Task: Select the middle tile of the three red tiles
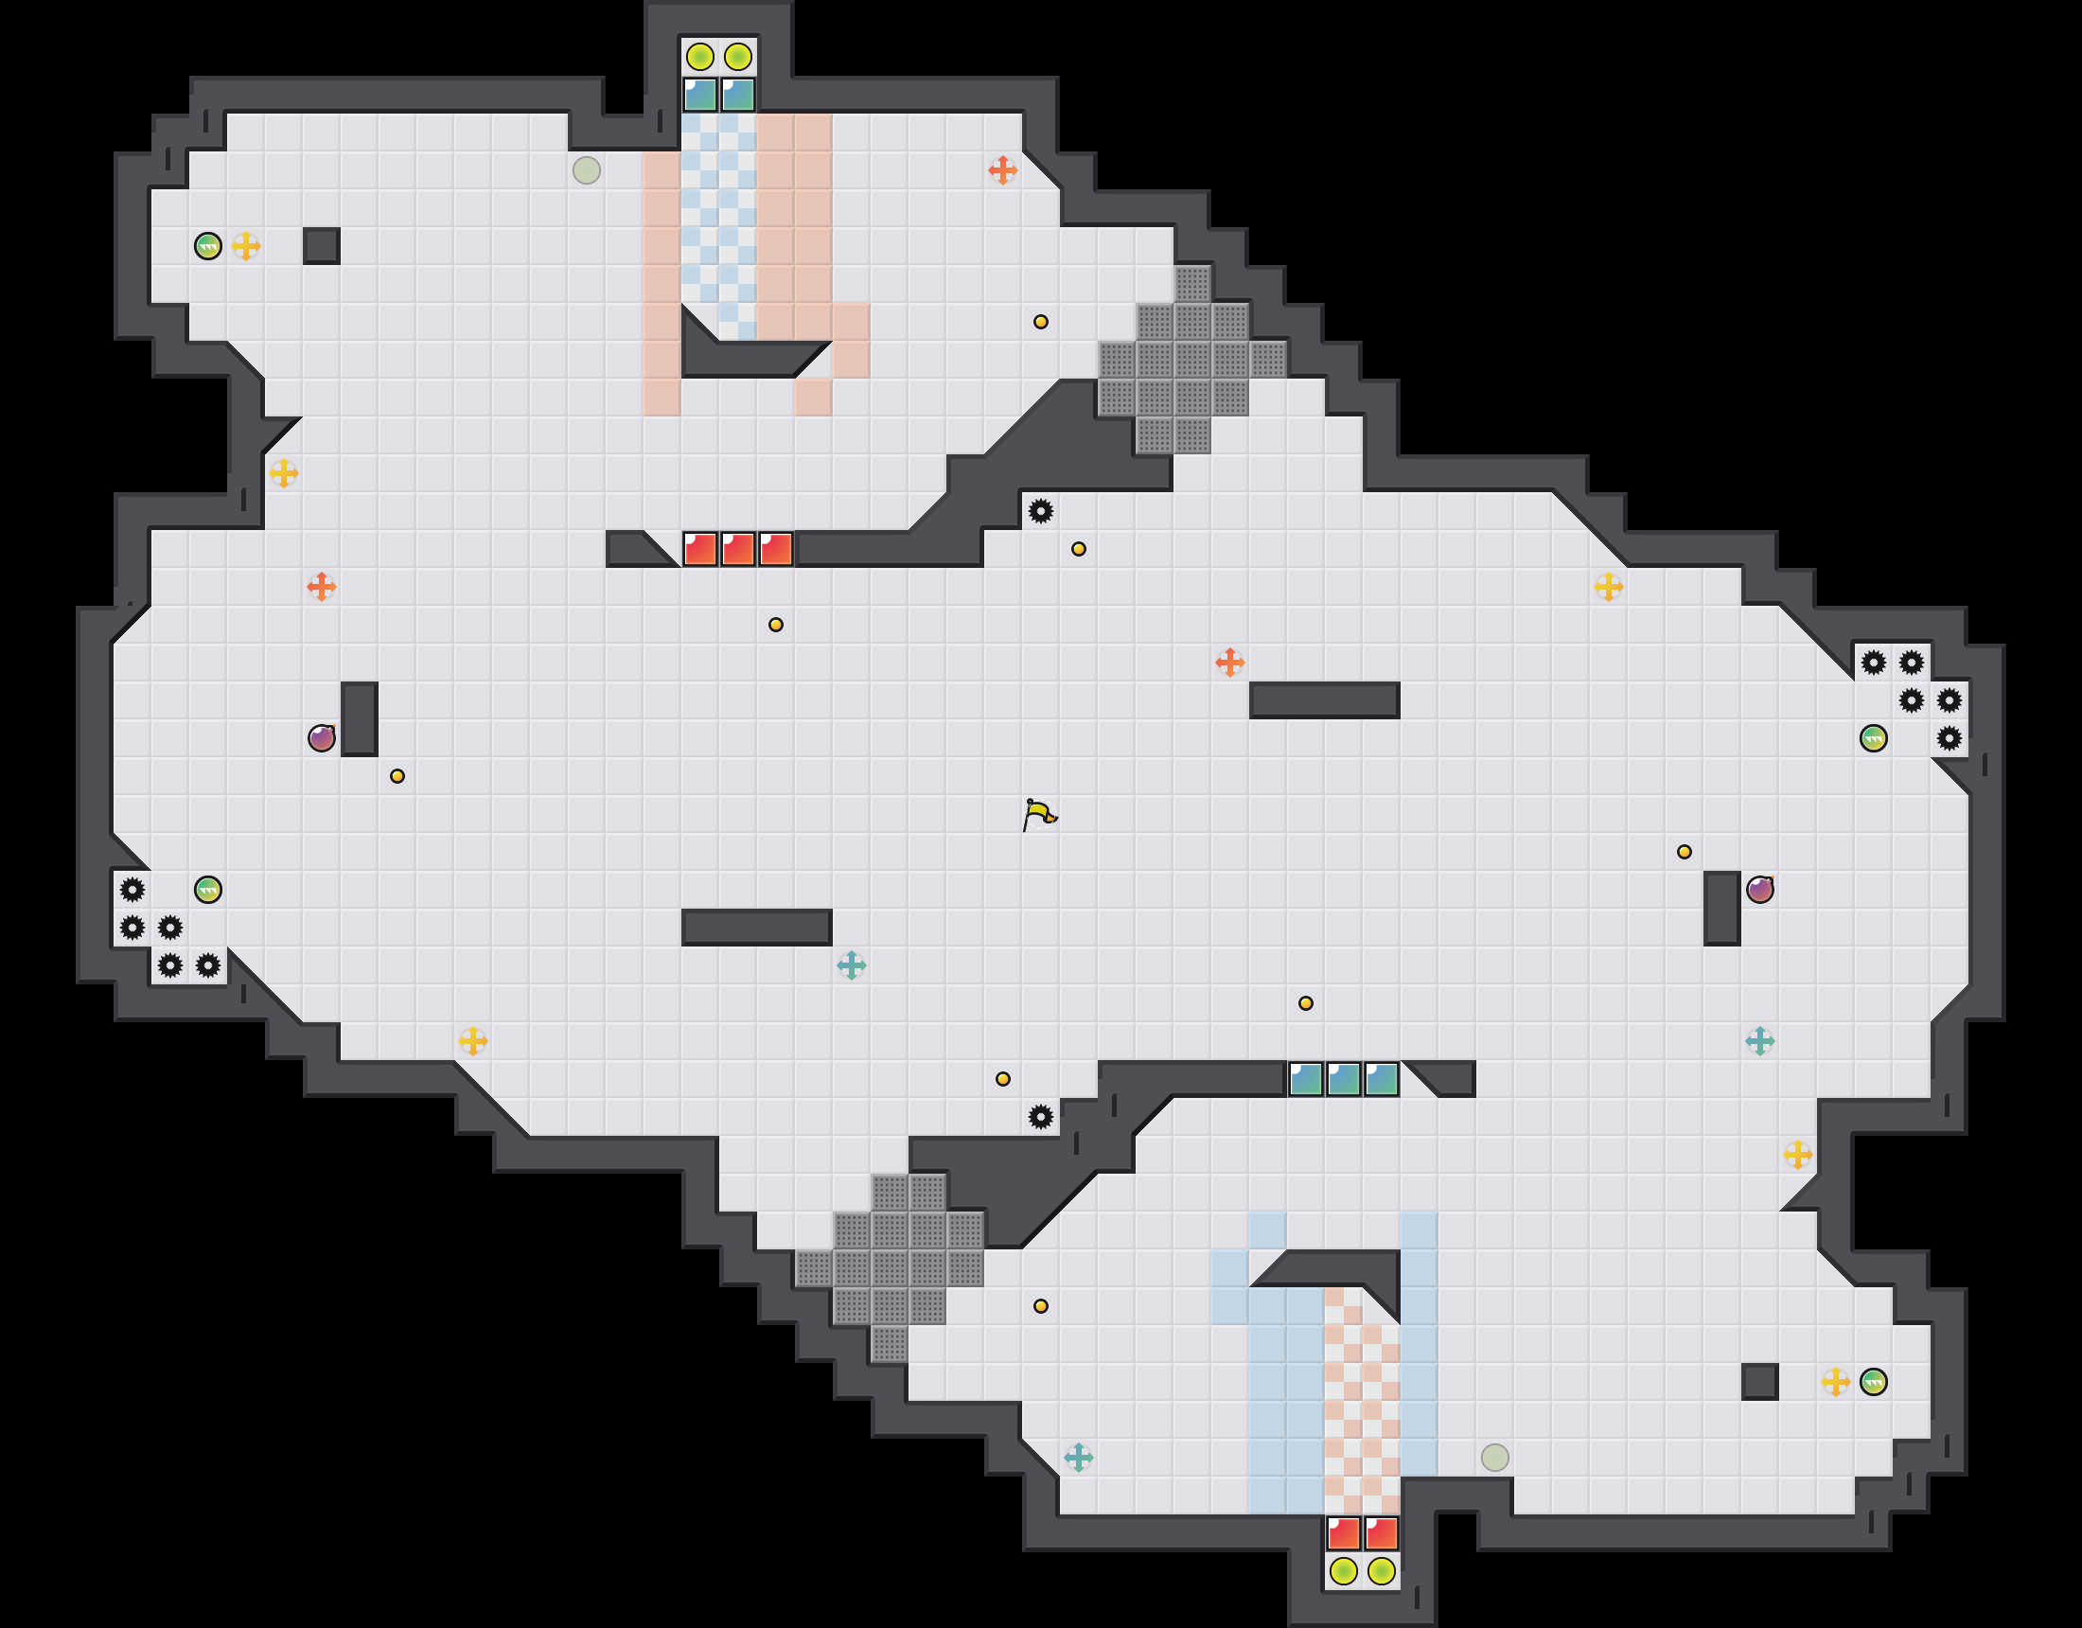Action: [x=738, y=549]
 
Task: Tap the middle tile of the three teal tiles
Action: [x=1343, y=1080]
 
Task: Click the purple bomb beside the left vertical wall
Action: [x=321, y=738]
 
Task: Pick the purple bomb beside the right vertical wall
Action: [x=1760, y=890]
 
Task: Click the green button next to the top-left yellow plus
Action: [x=208, y=246]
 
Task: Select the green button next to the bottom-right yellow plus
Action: [x=1873, y=1382]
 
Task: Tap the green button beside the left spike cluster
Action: [x=208, y=890]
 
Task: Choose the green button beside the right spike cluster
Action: [x=1873, y=738]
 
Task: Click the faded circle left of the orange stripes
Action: [x=587, y=170]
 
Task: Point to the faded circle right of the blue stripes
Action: [x=1494, y=1458]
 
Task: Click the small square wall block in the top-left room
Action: [x=321, y=246]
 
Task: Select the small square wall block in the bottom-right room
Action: [x=1760, y=1382]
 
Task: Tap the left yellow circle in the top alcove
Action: [x=699, y=57]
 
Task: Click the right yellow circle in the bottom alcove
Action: [x=1382, y=1571]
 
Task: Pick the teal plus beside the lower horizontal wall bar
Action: [x=852, y=965]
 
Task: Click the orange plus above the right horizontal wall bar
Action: [x=1229, y=662]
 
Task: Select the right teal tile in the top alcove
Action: [x=738, y=95]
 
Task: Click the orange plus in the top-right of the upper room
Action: [x=1002, y=170]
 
